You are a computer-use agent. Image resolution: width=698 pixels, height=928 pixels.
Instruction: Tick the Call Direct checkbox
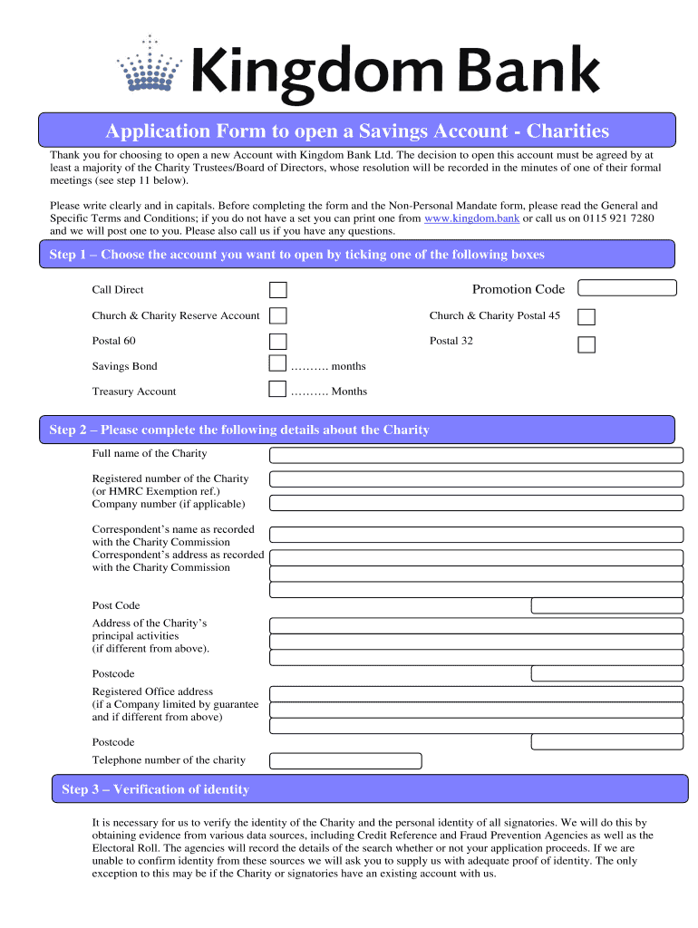tap(278, 290)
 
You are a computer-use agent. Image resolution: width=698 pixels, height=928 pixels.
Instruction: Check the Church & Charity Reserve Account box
tap(278, 315)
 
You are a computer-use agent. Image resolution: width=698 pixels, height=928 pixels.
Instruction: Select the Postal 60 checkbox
tap(278, 342)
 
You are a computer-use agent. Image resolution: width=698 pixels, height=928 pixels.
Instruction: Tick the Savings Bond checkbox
tap(278, 364)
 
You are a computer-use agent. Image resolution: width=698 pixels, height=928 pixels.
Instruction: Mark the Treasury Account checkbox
tap(278, 390)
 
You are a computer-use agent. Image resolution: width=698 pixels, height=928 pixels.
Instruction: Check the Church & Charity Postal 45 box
tap(587, 317)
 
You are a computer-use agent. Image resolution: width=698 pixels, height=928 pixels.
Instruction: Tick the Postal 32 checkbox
tap(587, 344)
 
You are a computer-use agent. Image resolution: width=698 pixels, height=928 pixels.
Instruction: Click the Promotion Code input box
tap(627, 288)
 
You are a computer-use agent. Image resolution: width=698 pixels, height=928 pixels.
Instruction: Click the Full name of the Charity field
tap(476, 455)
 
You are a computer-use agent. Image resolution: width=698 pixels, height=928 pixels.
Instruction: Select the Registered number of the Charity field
tap(476, 479)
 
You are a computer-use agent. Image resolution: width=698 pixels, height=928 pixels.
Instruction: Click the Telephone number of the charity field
tap(346, 761)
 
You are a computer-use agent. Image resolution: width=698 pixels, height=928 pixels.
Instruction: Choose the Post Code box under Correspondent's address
tap(606, 606)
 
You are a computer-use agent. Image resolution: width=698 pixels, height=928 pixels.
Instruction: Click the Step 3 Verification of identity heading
tap(155, 789)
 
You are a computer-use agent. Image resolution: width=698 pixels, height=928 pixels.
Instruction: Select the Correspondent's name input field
tap(476, 535)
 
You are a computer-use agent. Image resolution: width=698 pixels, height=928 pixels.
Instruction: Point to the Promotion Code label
tap(518, 289)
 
